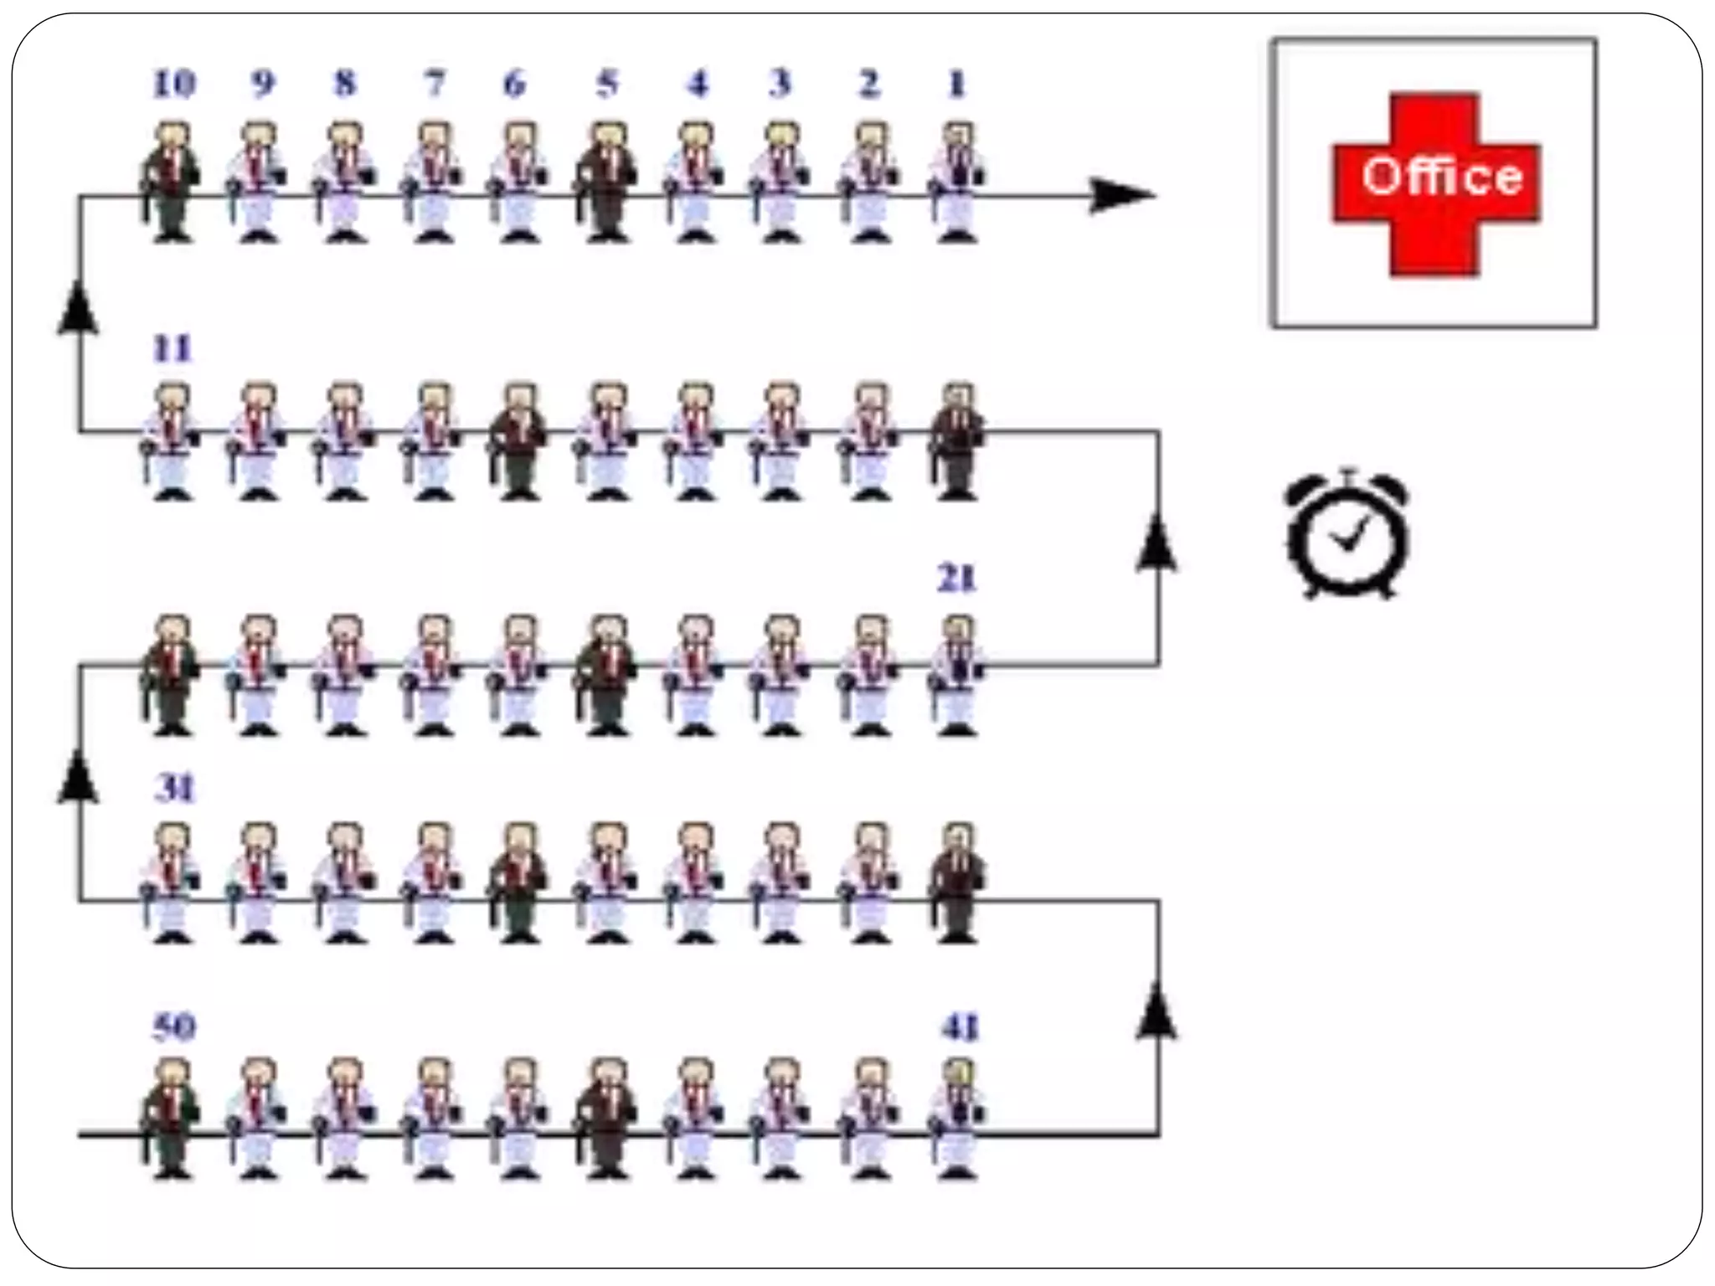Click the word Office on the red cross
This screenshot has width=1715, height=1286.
pos(1440,177)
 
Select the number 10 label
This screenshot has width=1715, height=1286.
pos(174,85)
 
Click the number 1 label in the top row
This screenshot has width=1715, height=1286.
pos(956,85)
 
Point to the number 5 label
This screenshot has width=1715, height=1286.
pos(607,85)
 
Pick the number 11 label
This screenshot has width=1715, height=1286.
pos(173,349)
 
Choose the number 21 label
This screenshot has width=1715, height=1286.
pos(956,579)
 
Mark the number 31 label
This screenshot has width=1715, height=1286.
pos(174,789)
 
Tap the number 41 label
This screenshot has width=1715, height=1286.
pos(959,1027)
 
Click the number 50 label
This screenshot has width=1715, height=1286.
pos(174,1027)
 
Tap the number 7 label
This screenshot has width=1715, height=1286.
pos(434,85)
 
